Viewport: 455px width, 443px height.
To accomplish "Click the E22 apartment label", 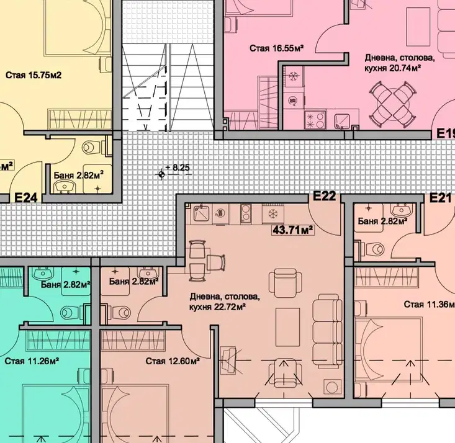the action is [x=325, y=196].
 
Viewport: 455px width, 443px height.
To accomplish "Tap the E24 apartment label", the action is [x=26, y=198].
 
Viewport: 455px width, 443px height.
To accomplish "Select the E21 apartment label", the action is [x=440, y=198].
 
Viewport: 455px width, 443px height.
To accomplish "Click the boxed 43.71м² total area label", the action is [x=293, y=230].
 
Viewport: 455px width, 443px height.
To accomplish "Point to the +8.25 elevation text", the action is [x=178, y=168].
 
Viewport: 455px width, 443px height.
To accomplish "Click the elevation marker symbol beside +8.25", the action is [x=161, y=174].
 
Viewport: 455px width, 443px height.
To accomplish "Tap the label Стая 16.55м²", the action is [x=277, y=48].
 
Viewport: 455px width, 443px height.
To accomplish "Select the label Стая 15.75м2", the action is [x=34, y=76].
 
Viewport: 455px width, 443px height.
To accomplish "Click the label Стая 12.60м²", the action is [x=173, y=361].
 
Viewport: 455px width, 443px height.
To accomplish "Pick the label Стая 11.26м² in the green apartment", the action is [x=32, y=361].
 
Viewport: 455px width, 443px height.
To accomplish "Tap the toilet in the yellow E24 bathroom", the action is [x=92, y=148].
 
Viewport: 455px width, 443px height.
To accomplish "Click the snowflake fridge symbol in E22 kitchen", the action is [x=273, y=214].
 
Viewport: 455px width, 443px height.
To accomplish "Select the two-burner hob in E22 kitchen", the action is [x=246, y=213].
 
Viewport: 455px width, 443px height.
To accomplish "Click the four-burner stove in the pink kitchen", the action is [x=315, y=120].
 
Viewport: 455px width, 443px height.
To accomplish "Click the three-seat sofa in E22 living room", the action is [x=327, y=329].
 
